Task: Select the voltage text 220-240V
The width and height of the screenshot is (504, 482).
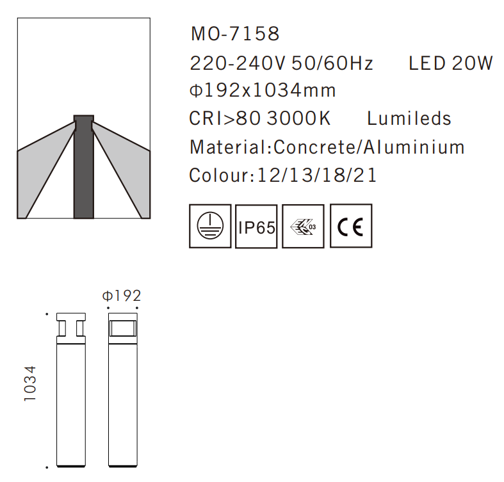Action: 238,63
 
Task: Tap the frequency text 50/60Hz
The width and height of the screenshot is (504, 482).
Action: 332,63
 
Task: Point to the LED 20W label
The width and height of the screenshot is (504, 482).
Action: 451,63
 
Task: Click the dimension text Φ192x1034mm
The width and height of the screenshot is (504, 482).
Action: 263,91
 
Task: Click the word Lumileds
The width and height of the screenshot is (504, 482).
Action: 409,119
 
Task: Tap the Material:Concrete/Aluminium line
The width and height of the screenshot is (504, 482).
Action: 327,147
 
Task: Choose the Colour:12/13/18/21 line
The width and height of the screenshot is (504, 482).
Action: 283,175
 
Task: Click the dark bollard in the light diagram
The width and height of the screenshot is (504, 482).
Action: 83,170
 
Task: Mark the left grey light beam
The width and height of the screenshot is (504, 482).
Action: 42,166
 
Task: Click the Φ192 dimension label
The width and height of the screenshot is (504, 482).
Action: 122,296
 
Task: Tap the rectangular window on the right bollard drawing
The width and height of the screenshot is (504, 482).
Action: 124,329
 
